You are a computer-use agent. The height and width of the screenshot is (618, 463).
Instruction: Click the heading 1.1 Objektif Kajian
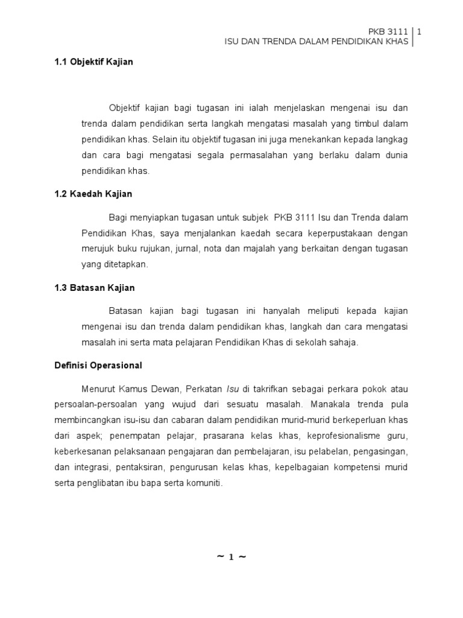pyautogui.click(x=93, y=62)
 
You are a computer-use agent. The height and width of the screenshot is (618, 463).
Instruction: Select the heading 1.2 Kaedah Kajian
pyautogui.click(x=93, y=194)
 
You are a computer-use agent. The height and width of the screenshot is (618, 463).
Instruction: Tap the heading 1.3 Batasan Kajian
pyautogui.click(x=94, y=288)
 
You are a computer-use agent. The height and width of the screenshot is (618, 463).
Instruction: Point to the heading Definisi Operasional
pyautogui.click(x=98, y=365)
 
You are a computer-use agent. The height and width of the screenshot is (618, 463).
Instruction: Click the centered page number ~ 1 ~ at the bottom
pyautogui.click(x=231, y=557)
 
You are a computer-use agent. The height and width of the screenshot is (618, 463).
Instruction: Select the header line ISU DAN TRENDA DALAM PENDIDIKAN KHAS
pyautogui.click(x=317, y=42)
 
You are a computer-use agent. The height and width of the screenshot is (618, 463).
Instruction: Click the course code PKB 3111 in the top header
pyautogui.click(x=388, y=31)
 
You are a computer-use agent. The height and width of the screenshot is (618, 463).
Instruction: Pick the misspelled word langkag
pyautogui.click(x=392, y=139)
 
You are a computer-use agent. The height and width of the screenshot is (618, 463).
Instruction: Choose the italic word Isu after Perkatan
pyautogui.click(x=233, y=389)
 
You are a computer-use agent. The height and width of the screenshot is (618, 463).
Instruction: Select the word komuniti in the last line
pyautogui.click(x=205, y=483)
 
